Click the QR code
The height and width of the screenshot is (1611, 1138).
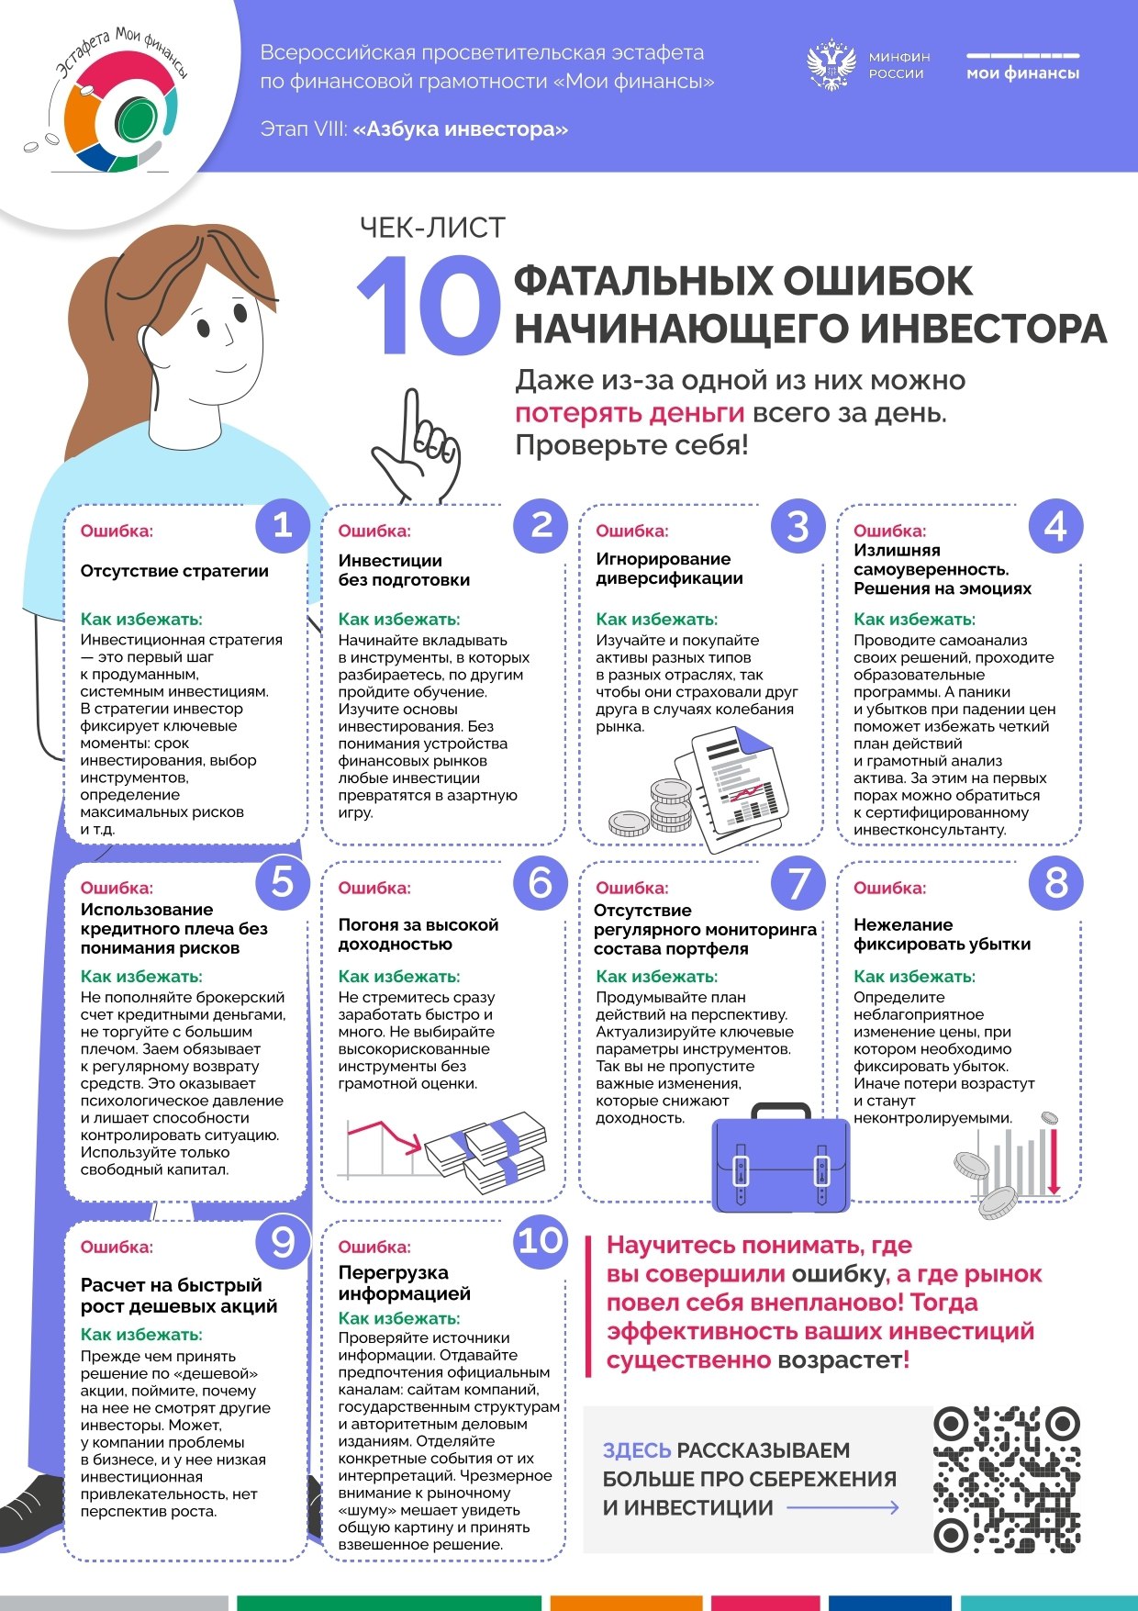(x=1007, y=1478)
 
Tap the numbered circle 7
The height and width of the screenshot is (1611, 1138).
(x=798, y=884)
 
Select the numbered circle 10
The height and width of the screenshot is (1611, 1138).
(x=541, y=1241)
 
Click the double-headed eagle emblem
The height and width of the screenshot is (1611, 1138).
(x=831, y=64)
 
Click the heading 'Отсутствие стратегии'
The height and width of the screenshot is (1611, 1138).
(x=174, y=571)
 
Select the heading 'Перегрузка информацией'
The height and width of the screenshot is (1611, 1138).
(x=404, y=1283)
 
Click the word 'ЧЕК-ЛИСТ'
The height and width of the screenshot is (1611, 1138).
(x=432, y=228)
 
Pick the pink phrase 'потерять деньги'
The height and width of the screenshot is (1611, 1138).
(x=630, y=413)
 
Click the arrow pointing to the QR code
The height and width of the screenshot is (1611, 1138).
(x=842, y=1507)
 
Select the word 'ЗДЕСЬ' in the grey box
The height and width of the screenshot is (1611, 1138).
(x=637, y=1450)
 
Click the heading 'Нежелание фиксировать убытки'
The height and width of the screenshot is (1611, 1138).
(x=942, y=934)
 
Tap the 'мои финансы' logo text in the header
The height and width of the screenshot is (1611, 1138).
(x=1022, y=73)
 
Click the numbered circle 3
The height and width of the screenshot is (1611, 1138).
(x=798, y=526)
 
